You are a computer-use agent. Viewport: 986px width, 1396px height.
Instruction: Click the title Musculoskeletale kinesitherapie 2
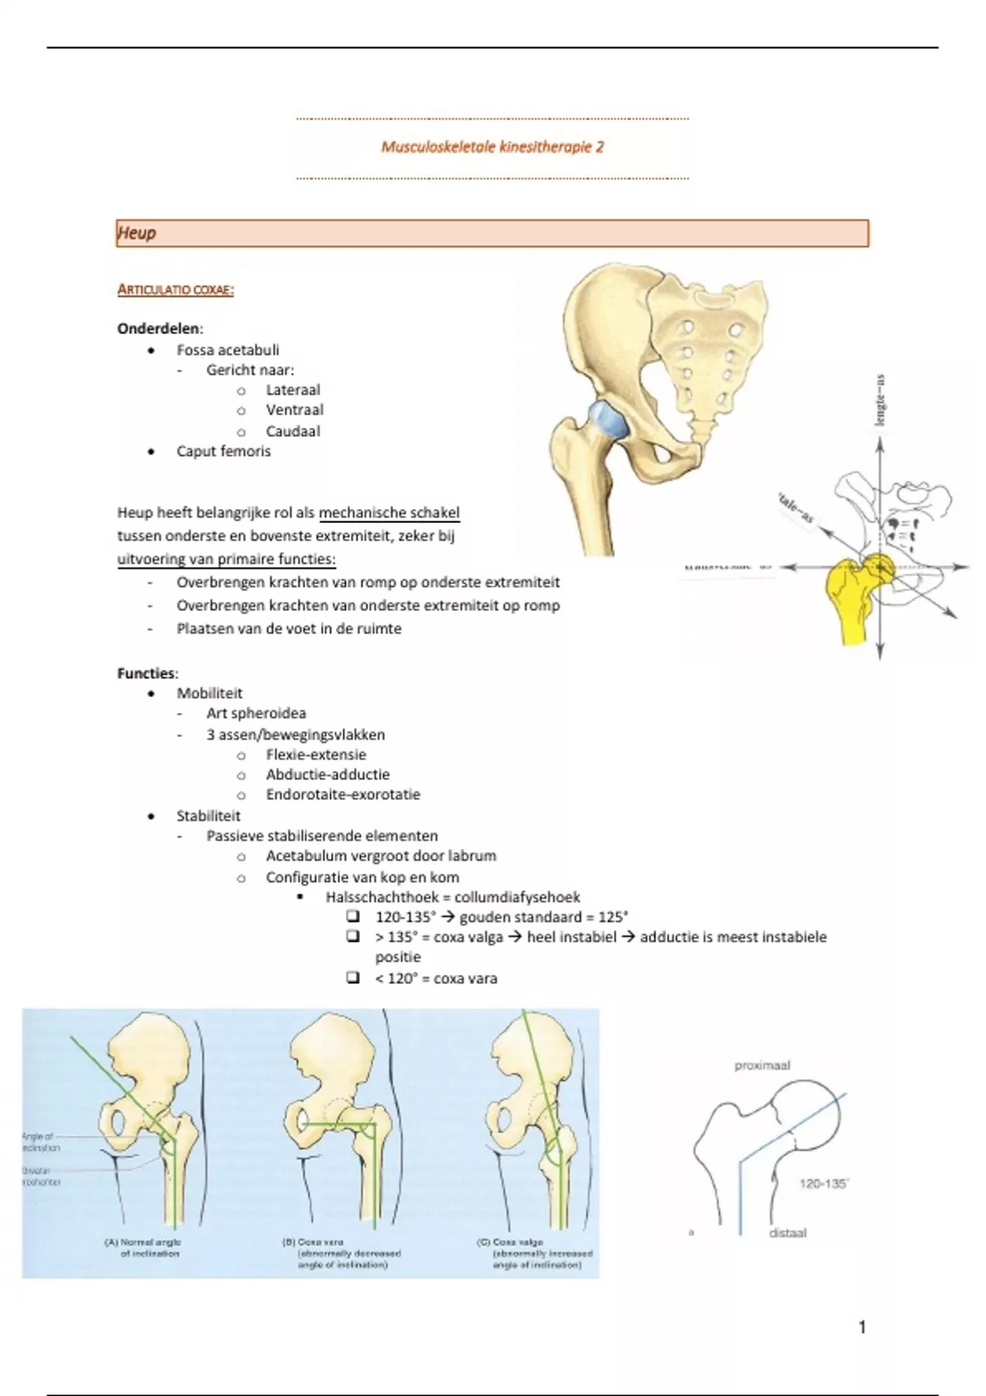492,147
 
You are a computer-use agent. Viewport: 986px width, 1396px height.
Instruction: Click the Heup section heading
136,233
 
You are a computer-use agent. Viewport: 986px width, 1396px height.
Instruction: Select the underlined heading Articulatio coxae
175,289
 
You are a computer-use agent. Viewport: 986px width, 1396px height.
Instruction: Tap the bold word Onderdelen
159,328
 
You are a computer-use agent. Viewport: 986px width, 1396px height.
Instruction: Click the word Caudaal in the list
293,431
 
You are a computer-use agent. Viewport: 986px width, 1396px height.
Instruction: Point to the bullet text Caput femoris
223,451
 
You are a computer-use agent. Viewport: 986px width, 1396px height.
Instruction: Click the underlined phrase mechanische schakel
389,513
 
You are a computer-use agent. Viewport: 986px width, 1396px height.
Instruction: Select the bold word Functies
146,673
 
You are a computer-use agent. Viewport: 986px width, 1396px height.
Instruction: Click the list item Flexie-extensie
316,755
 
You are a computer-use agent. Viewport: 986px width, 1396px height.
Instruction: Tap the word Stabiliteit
208,815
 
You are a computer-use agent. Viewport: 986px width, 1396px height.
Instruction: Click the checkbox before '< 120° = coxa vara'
353,977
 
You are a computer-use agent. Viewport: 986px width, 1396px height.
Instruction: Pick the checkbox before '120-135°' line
353,916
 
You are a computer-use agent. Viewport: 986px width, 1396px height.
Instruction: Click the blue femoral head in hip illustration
607,420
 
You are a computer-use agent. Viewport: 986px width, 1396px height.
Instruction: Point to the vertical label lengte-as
880,401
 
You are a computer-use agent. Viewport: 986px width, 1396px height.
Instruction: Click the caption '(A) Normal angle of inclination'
143,1247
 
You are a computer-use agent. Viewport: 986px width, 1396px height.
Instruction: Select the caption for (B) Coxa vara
342,1253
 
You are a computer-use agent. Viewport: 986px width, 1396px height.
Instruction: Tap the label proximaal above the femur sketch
762,1065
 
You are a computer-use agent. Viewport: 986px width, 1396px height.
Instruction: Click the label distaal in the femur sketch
787,1233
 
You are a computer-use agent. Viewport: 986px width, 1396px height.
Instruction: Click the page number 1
862,1327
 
